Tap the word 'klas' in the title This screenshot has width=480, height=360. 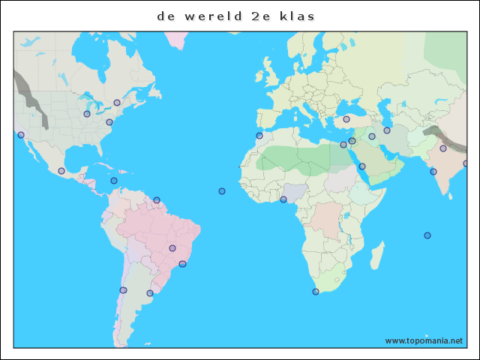pyautogui.click(x=298, y=16)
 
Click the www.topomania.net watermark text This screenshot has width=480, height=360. pyautogui.click(x=424, y=340)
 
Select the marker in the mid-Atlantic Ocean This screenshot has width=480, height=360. pyautogui.click(x=222, y=191)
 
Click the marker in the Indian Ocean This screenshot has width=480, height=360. pyautogui.click(x=427, y=235)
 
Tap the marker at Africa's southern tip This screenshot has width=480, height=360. pyautogui.click(x=316, y=292)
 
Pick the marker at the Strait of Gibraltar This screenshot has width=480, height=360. pyautogui.click(x=259, y=136)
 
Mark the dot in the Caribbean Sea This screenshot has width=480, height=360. pyautogui.click(x=114, y=181)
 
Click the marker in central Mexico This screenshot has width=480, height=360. pyautogui.click(x=61, y=171)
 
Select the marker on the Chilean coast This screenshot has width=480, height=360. pyautogui.click(x=124, y=290)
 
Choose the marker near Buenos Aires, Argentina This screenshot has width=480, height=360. pyautogui.click(x=150, y=293)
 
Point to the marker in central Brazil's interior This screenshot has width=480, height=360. pyautogui.click(x=172, y=248)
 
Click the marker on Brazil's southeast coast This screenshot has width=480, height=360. pyautogui.click(x=182, y=264)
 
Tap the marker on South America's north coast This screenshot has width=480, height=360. pyautogui.click(x=157, y=200)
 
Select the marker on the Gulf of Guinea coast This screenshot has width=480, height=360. pyautogui.click(x=283, y=199)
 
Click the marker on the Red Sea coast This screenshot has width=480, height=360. pyautogui.click(x=362, y=166)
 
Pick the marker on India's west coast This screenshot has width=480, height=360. pyautogui.click(x=433, y=172)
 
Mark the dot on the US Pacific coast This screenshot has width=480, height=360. pyautogui.click(x=21, y=135)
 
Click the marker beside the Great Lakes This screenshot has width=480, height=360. pyautogui.click(x=87, y=114)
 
